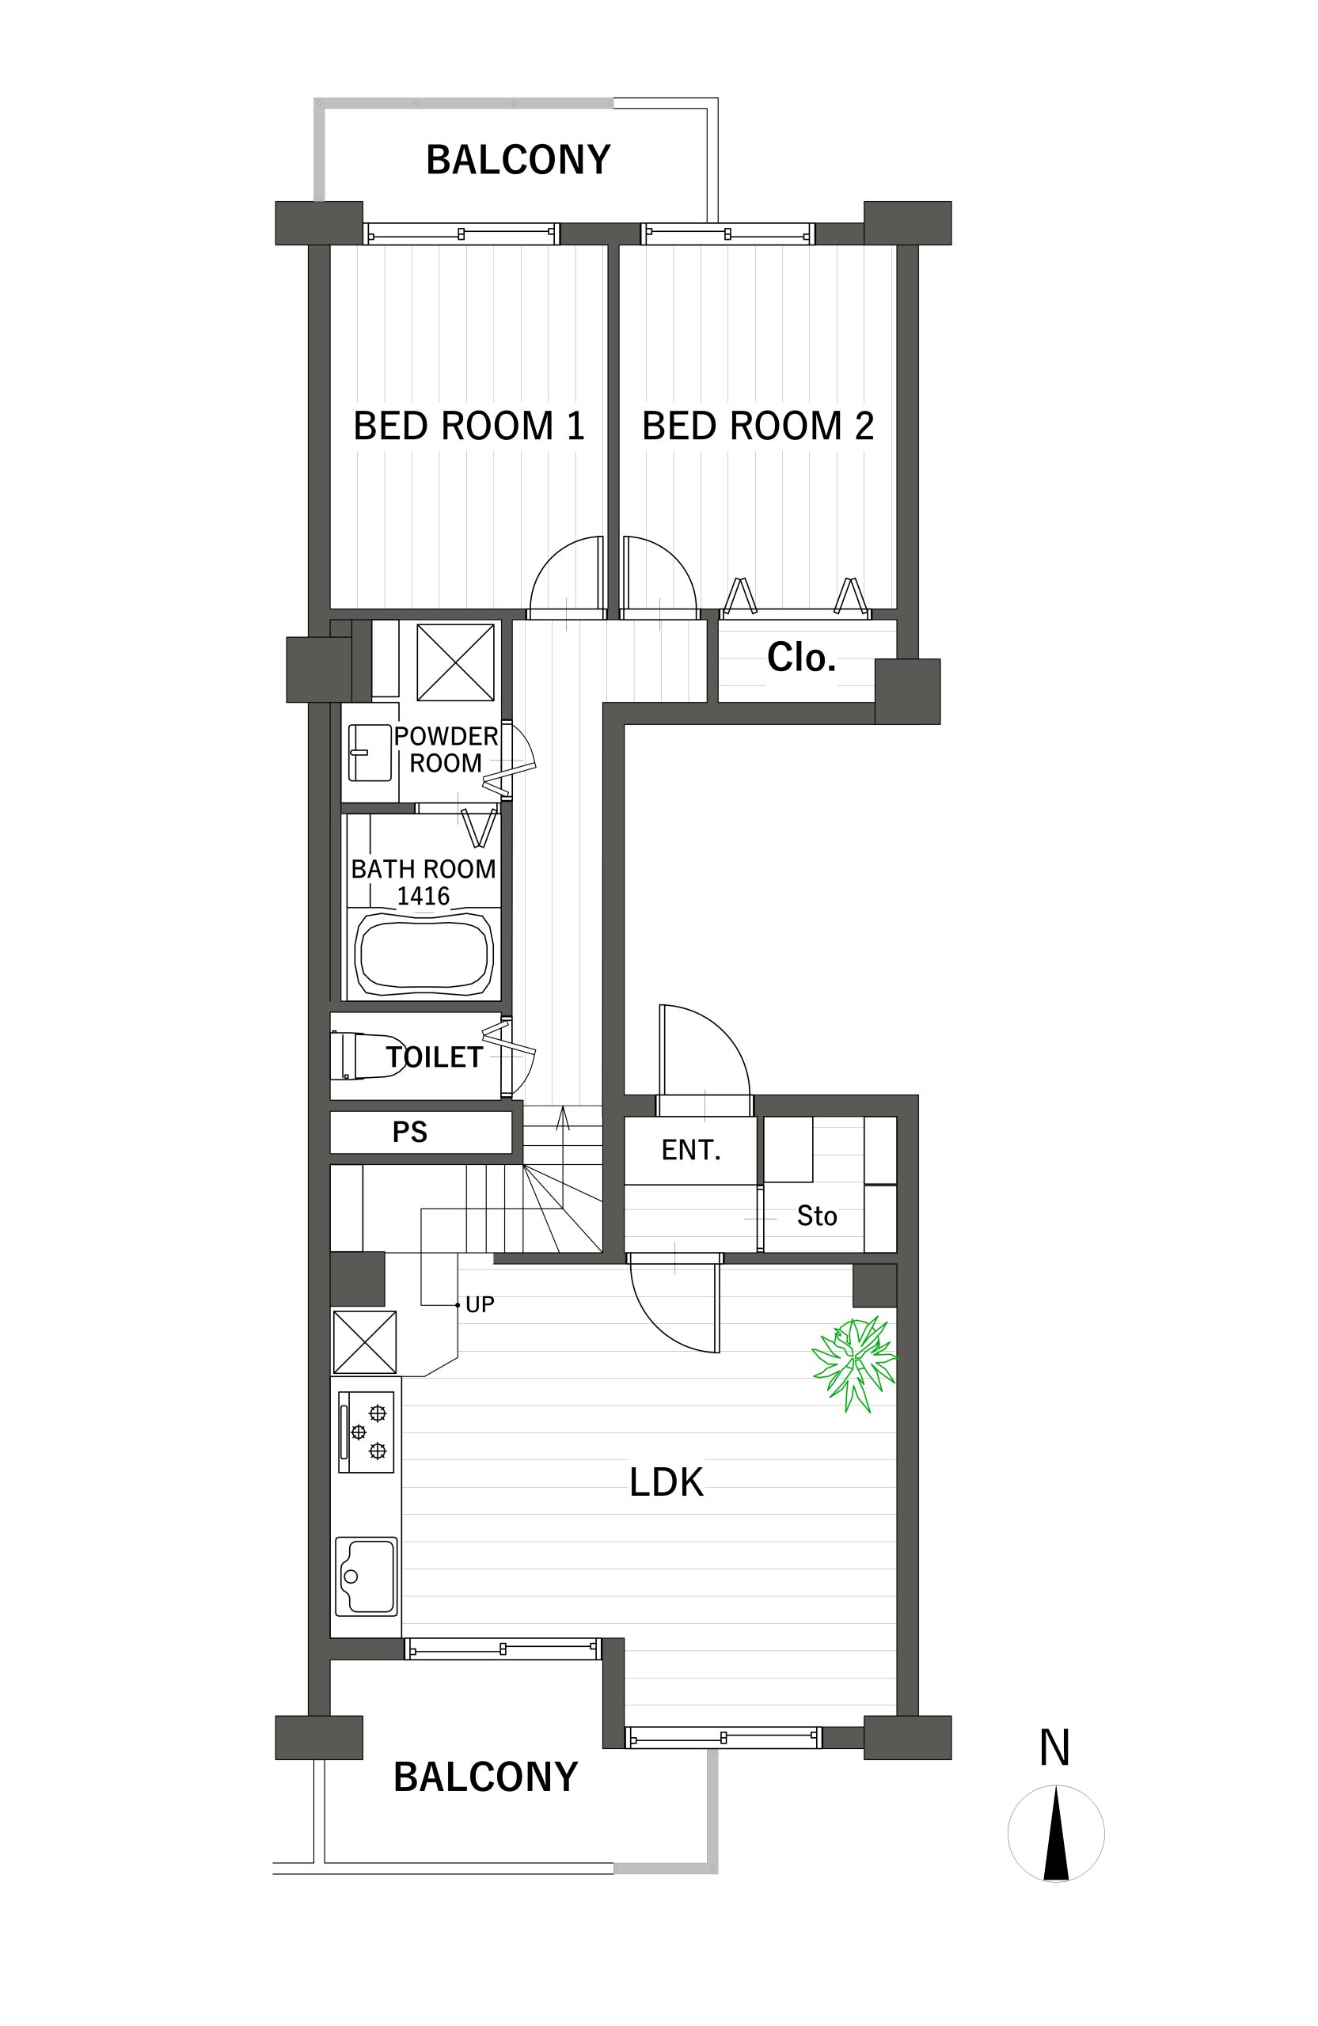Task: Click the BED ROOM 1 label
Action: click(469, 426)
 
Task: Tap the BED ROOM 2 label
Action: click(758, 426)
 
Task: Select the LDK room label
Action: click(666, 1482)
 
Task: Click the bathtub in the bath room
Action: click(424, 954)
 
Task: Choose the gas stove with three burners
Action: click(366, 1432)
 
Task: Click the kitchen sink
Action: click(366, 1576)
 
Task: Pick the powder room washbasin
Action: click(370, 753)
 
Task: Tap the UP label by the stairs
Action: click(480, 1305)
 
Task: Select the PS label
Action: click(409, 1133)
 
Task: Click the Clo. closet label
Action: click(801, 657)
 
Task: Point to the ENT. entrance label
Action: click(691, 1150)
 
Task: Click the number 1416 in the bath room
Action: click(424, 897)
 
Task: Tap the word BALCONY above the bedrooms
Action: click(518, 160)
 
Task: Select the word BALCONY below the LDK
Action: click(486, 1777)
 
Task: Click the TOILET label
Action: click(435, 1057)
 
